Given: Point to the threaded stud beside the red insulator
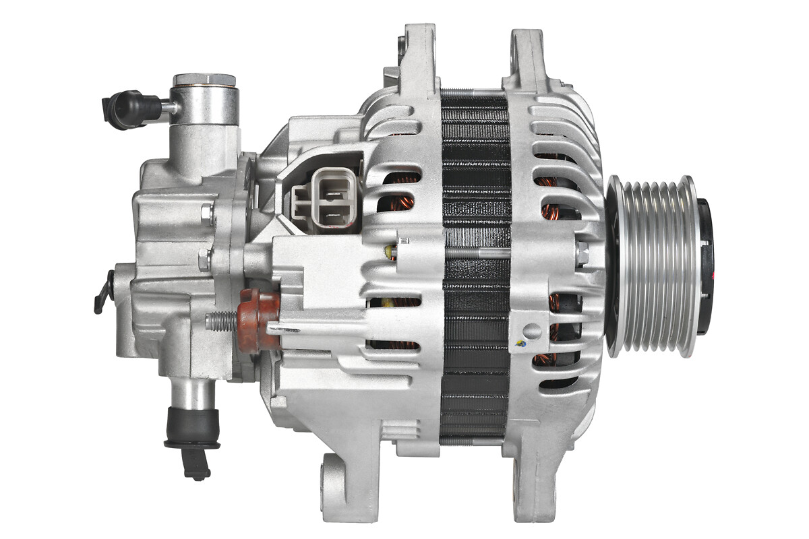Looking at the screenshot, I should pyautogui.click(x=220, y=321).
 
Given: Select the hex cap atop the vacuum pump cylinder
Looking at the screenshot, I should pyautogui.click(x=204, y=80).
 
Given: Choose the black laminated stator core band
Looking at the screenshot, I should pyautogui.click(x=475, y=269).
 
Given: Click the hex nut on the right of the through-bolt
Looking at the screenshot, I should pyautogui.click(x=581, y=253).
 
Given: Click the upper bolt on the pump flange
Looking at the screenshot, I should pyautogui.click(x=208, y=215).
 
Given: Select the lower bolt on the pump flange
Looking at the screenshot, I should pyautogui.click(x=205, y=259).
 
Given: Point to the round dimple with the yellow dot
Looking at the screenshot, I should pyautogui.click(x=532, y=331).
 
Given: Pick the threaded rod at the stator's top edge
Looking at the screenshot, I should pyautogui.click(x=475, y=92).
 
